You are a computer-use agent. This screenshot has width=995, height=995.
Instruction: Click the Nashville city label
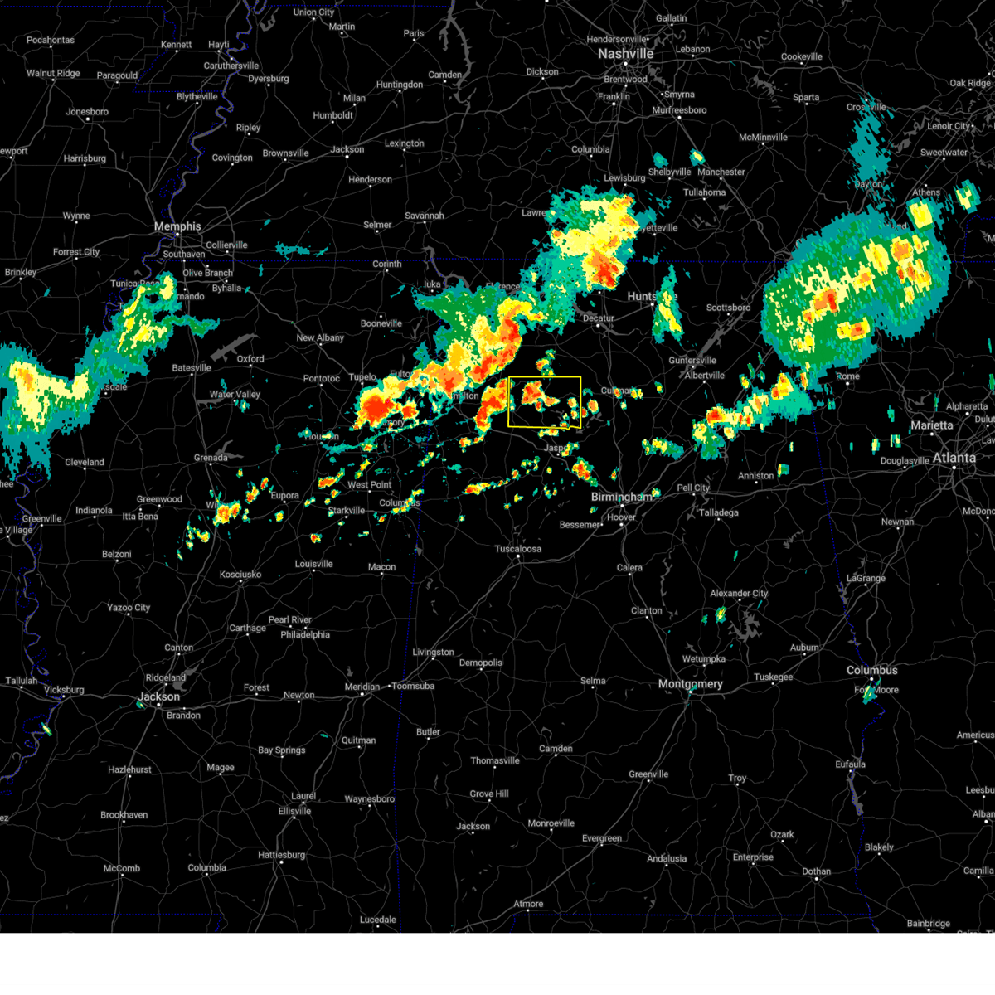(x=626, y=54)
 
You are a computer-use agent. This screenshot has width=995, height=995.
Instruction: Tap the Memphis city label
(x=177, y=226)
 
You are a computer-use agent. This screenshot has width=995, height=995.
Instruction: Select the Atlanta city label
(x=954, y=458)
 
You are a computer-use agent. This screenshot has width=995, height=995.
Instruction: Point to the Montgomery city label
(x=690, y=684)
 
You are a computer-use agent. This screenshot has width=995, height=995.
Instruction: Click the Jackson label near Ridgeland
(x=158, y=696)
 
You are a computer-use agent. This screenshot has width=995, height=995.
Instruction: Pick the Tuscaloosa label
(x=517, y=549)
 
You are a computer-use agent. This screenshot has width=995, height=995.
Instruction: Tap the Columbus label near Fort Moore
(x=871, y=670)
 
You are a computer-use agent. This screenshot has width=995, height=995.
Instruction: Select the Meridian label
(x=362, y=687)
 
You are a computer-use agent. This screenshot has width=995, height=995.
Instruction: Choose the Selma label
(x=593, y=681)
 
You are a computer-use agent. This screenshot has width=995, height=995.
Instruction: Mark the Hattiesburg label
(x=282, y=855)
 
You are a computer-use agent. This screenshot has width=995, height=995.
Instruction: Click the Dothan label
(x=817, y=871)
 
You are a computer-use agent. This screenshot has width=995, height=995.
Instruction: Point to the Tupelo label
(x=362, y=377)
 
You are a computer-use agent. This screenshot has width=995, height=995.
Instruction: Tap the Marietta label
(x=932, y=425)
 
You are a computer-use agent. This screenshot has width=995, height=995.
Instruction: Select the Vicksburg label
(x=64, y=690)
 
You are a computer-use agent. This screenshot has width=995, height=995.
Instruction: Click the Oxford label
(x=250, y=359)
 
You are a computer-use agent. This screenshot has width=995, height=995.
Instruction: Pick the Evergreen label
(x=602, y=838)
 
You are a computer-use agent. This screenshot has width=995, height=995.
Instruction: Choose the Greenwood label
(x=159, y=499)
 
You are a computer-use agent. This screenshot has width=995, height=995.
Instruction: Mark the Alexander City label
(x=739, y=594)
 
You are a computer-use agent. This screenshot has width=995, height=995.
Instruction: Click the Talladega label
(x=718, y=512)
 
